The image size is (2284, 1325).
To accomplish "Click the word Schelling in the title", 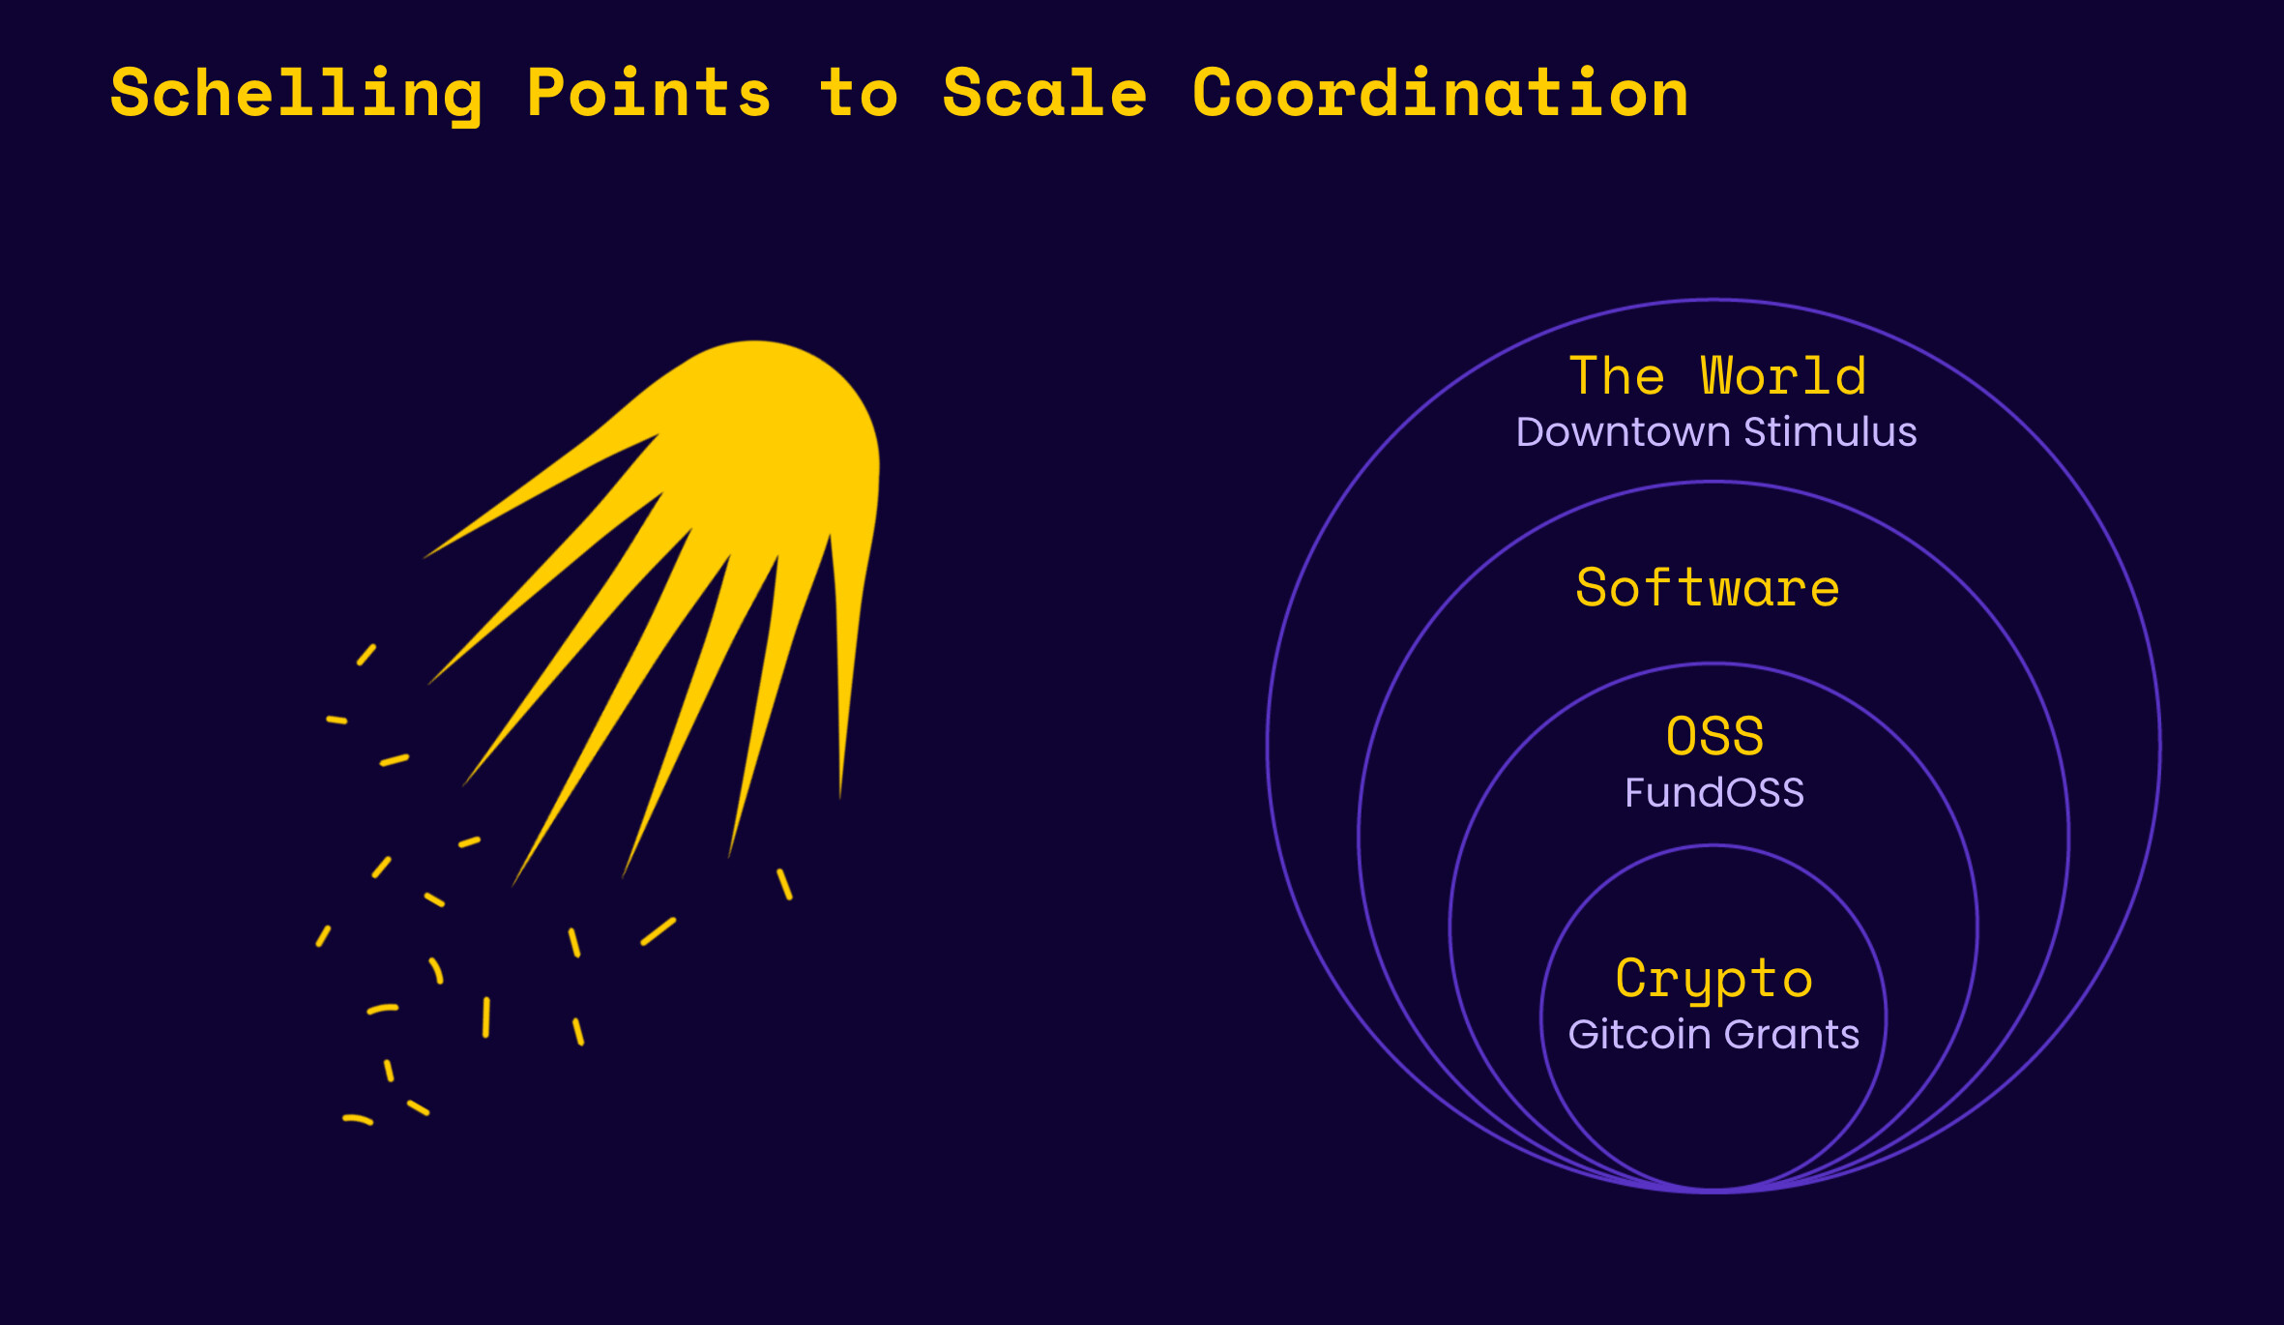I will click(x=296, y=94).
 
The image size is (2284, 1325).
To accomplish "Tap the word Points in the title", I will click(x=649, y=94).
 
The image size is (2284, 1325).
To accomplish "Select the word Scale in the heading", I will click(x=1044, y=94).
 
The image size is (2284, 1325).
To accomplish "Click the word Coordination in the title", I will click(x=1440, y=94).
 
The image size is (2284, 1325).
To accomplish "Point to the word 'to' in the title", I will click(x=859, y=96).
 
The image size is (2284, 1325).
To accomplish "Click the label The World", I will click(x=1717, y=376).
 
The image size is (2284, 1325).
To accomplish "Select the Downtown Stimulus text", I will click(x=1716, y=432).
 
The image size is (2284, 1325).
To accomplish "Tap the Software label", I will click(x=1708, y=588).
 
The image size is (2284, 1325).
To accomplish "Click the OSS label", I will click(x=1714, y=737).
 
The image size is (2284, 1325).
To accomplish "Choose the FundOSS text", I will click(x=1714, y=793).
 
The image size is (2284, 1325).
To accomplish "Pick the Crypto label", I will click(x=1713, y=979).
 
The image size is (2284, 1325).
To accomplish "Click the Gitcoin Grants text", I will click(x=1713, y=1035).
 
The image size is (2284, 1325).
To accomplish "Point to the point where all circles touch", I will click(x=1713, y=1191).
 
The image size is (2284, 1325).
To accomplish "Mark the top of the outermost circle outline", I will click(x=1713, y=300).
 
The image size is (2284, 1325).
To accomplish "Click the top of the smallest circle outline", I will click(x=1713, y=846).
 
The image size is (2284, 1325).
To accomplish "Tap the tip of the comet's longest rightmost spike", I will click(x=840, y=797).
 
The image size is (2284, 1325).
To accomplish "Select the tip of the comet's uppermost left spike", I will click(x=425, y=557).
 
